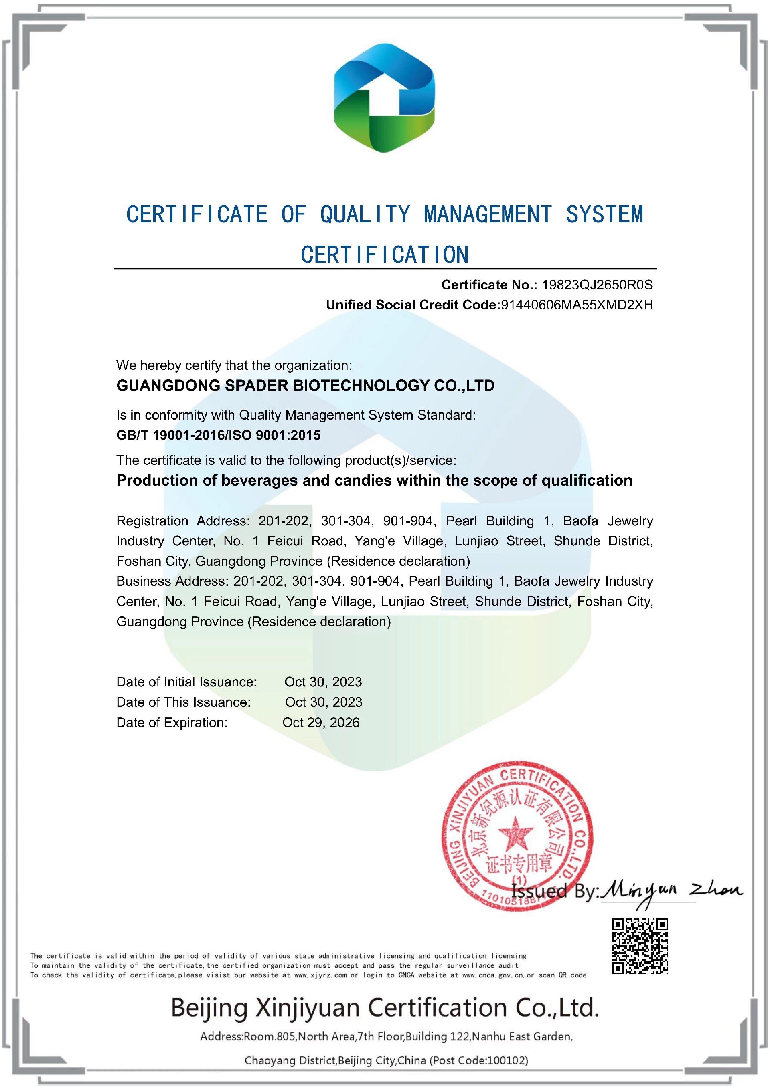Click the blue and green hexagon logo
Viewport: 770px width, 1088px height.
click(x=385, y=98)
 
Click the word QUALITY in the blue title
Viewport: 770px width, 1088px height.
click(x=365, y=215)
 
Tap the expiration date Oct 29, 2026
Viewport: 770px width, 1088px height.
click(x=320, y=722)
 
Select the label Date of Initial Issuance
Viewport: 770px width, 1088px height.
click(x=186, y=682)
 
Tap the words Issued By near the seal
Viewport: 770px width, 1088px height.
click(x=554, y=892)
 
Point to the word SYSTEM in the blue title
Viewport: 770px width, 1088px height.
click(x=604, y=215)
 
